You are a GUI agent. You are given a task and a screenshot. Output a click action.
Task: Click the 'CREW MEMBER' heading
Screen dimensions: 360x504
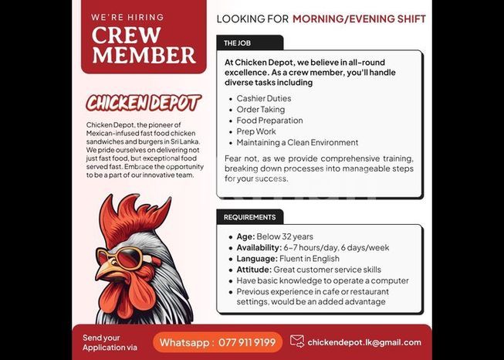pyautogui.click(x=144, y=45)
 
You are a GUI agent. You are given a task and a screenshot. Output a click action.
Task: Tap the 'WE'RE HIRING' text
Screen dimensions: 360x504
pyautogui.click(x=127, y=16)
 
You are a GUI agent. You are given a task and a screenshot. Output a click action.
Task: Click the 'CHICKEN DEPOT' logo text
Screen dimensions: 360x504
pyautogui.click(x=144, y=103)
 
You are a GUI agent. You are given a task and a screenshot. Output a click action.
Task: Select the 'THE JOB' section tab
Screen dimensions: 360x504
pyautogui.click(x=238, y=43)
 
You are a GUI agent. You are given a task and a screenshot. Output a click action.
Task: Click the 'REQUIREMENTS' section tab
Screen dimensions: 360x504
pyautogui.click(x=249, y=217)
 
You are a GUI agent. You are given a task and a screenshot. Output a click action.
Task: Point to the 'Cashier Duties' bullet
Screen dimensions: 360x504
pyautogui.click(x=263, y=98)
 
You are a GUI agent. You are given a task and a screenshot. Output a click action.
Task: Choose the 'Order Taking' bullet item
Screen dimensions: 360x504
pyautogui.click(x=260, y=110)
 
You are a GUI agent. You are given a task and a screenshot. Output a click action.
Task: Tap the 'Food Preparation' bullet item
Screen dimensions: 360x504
pyautogui.click(x=269, y=121)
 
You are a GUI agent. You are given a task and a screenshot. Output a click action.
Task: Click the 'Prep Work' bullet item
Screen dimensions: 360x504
pyautogui.click(x=255, y=131)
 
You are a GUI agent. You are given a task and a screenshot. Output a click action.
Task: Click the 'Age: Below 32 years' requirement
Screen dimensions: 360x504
pyautogui.click(x=274, y=236)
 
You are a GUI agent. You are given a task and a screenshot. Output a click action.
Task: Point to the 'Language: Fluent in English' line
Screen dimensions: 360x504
pyautogui.click(x=287, y=259)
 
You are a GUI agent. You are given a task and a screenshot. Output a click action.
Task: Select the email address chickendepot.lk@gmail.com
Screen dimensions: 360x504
pyautogui.click(x=364, y=342)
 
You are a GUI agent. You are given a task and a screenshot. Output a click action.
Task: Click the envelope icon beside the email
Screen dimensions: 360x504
pyautogui.click(x=297, y=341)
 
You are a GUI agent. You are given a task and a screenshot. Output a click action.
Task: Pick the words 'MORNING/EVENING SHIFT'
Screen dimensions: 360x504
pyautogui.click(x=359, y=18)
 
